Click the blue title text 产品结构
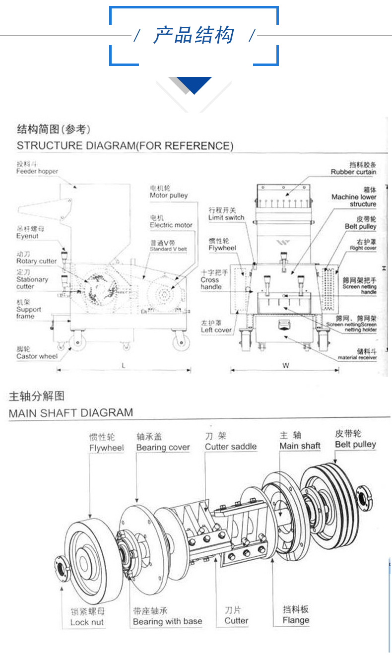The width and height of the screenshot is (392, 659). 193,36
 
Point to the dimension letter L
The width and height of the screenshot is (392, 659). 123,365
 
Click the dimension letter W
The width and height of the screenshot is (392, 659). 286,366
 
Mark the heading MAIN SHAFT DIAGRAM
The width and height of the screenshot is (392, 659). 71,412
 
